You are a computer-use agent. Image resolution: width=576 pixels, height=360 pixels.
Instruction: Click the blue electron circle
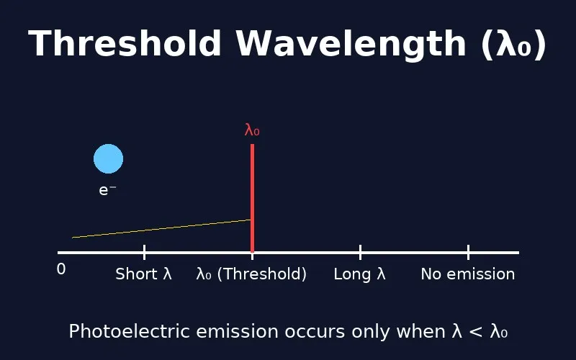tap(109, 159)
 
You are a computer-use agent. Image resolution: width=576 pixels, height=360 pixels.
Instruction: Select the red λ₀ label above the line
tap(252, 130)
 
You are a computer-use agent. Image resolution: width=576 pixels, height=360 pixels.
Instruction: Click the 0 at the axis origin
tap(61, 269)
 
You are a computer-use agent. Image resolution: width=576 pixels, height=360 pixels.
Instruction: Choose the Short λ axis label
tap(144, 274)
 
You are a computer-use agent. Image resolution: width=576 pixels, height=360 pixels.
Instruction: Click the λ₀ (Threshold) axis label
tap(252, 274)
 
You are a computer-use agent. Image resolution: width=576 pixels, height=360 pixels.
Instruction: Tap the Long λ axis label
tap(360, 274)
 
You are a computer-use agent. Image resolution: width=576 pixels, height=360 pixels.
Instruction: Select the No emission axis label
tap(468, 274)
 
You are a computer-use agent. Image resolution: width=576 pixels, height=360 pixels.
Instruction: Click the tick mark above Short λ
tap(144, 252)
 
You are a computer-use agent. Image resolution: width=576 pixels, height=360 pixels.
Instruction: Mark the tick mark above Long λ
tap(360, 252)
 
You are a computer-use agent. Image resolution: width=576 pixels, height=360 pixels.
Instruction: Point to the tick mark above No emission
tap(468, 252)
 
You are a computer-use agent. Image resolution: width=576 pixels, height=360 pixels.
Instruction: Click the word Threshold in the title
tap(125, 45)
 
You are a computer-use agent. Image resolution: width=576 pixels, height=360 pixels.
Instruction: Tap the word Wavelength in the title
tap(351, 45)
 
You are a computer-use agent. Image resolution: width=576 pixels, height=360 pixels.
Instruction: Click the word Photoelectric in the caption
tap(118, 332)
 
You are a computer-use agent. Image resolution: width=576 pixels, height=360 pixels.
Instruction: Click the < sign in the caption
tap(476, 332)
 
